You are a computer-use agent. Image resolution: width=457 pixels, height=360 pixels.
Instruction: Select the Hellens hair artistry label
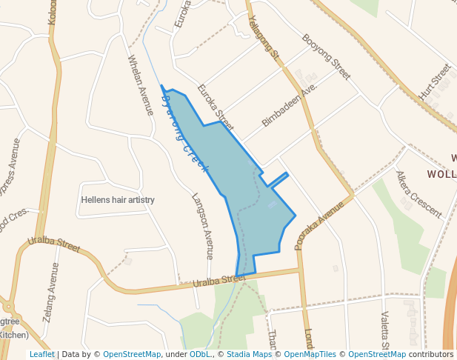pos(117,200)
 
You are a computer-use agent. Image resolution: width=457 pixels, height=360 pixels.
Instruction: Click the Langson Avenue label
pos(202,226)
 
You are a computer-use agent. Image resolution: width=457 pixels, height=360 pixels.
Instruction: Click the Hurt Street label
pos(435,82)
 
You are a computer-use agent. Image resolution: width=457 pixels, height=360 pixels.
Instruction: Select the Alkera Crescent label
pos(418,194)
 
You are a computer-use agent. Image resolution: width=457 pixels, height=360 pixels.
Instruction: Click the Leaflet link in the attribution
pos(42,354)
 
